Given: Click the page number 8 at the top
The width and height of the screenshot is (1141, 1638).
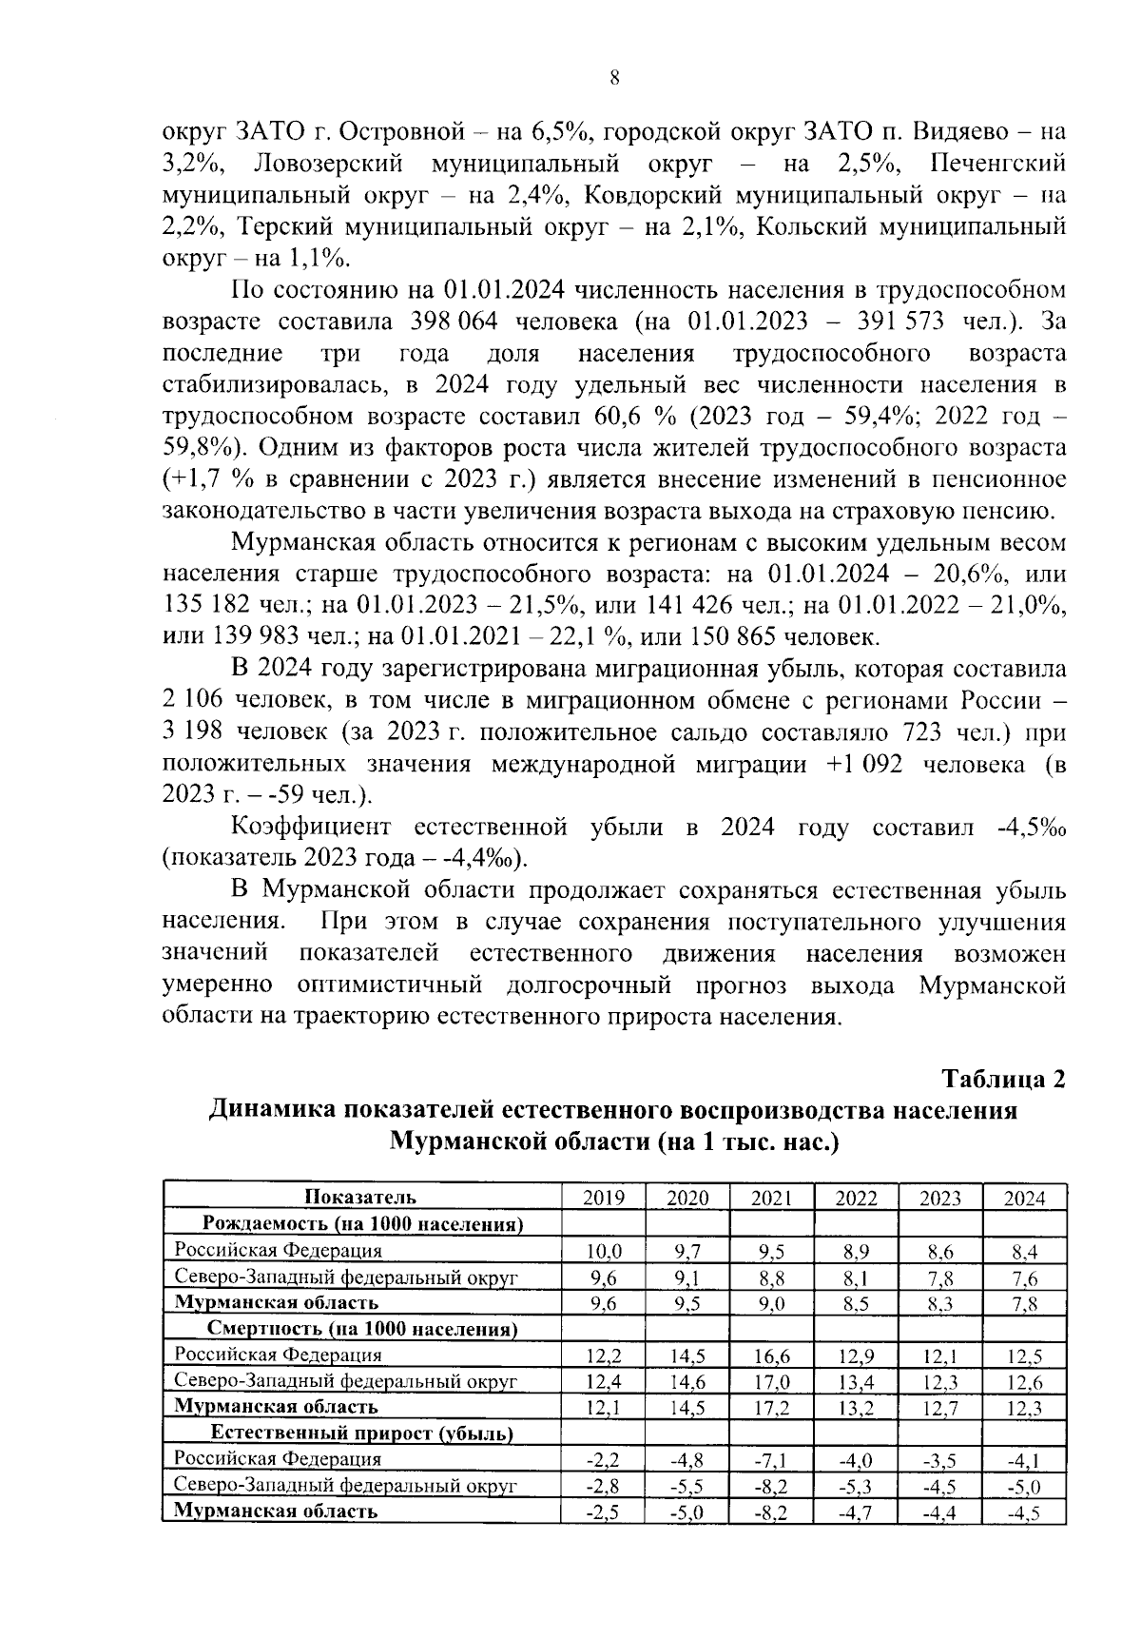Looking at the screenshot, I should (x=614, y=80).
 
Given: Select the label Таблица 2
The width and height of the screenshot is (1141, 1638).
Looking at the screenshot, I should (x=1003, y=1079).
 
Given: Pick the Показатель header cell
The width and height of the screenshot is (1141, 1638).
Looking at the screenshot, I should (x=361, y=1198).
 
